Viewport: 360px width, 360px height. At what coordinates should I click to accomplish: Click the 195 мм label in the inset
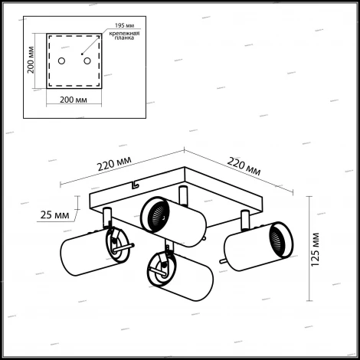(124, 25)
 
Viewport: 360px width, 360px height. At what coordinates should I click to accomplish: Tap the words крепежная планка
(124, 35)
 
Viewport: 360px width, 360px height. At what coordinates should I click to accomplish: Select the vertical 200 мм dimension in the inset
(31, 60)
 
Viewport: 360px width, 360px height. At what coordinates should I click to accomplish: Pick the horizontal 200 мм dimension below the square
(74, 100)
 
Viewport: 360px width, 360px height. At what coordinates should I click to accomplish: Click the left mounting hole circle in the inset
(61, 61)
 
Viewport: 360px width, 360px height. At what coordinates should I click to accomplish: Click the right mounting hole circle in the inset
(87, 61)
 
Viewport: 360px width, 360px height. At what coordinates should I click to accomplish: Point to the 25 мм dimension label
(54, 215)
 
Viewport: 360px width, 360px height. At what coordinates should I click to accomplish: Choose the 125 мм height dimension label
(315, 250)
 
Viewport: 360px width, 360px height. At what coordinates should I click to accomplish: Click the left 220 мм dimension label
(114, 163)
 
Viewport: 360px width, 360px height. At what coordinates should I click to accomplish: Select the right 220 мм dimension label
(244, 166)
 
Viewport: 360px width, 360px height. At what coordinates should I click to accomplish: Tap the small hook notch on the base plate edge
(135, 185)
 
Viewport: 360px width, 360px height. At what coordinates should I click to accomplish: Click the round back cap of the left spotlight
(118, 245)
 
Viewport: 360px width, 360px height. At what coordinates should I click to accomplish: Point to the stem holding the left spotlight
(107, 218)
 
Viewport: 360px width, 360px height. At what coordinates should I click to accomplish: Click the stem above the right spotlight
(245, 220)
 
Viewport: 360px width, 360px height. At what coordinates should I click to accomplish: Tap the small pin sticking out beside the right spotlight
(223, 260)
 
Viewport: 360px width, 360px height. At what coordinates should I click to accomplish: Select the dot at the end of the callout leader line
(82, 54)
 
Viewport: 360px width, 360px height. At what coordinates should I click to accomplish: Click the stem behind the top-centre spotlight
(183, 195)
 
